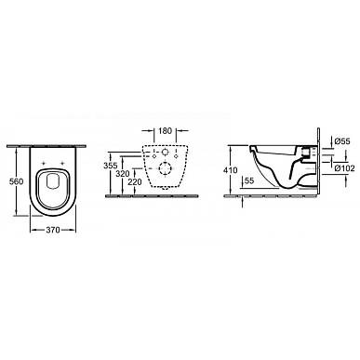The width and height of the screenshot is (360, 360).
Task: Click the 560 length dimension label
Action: (16, 181)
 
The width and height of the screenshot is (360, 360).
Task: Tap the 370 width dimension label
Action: (53, 230)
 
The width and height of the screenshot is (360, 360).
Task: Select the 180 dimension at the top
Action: (165, 131)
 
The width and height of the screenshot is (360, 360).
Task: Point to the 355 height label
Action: (111, 166)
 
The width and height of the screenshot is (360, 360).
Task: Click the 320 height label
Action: (123, 174)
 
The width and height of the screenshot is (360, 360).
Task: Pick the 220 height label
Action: (135, 182)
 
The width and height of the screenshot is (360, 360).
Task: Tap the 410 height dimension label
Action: (230, 170)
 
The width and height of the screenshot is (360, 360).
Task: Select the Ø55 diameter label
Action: (342, 141)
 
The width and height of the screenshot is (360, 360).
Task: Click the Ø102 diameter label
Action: (344, 168)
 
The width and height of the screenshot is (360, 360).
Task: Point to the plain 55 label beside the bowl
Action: (249, 180)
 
